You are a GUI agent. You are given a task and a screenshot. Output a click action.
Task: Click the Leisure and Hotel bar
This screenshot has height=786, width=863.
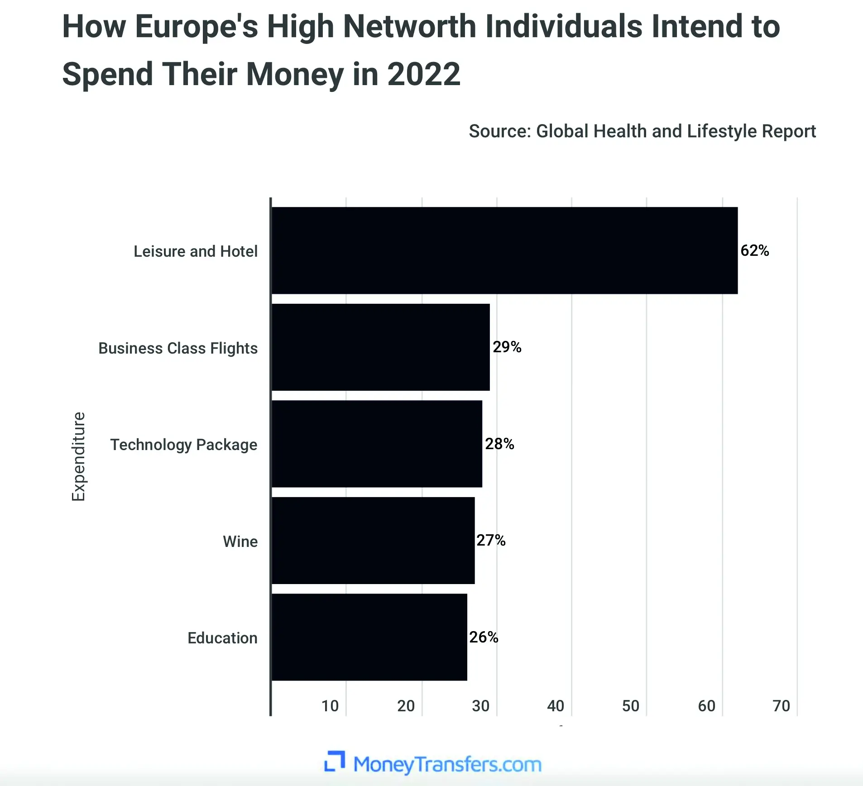coord(504,250)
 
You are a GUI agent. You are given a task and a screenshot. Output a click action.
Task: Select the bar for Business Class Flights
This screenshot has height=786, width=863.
coord(380,347)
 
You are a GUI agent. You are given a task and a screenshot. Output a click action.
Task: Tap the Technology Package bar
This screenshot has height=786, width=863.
coord(377,444)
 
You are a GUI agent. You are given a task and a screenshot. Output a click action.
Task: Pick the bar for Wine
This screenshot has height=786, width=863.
coord(373,541)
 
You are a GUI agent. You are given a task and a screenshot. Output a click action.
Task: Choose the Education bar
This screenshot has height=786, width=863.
coord(369,637)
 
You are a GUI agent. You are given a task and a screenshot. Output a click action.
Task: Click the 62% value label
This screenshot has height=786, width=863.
coord(754,250)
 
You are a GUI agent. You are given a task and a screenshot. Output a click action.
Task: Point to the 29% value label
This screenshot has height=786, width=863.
coord(507,347)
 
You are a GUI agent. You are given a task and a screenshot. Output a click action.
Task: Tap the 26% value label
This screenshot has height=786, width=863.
coord(484,637)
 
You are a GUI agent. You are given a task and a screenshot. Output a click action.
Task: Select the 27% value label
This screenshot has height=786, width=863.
coord(491,540)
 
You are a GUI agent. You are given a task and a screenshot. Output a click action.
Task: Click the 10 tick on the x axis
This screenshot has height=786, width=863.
coord(330,706)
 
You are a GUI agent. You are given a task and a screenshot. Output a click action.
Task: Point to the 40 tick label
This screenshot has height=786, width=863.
coord(556,706)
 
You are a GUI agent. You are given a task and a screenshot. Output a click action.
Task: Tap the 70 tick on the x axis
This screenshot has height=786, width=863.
coord(781,706)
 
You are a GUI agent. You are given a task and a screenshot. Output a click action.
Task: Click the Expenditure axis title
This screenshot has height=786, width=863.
coord(78,456)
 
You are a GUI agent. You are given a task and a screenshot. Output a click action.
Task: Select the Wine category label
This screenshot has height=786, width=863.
coord(240,542)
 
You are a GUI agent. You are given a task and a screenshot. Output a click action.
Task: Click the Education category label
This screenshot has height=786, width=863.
coord(222,638)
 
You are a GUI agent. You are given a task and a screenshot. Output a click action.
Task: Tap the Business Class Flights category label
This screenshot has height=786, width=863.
coord(178,348)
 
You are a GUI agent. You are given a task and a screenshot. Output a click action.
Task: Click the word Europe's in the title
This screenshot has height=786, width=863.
coord(197,27)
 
